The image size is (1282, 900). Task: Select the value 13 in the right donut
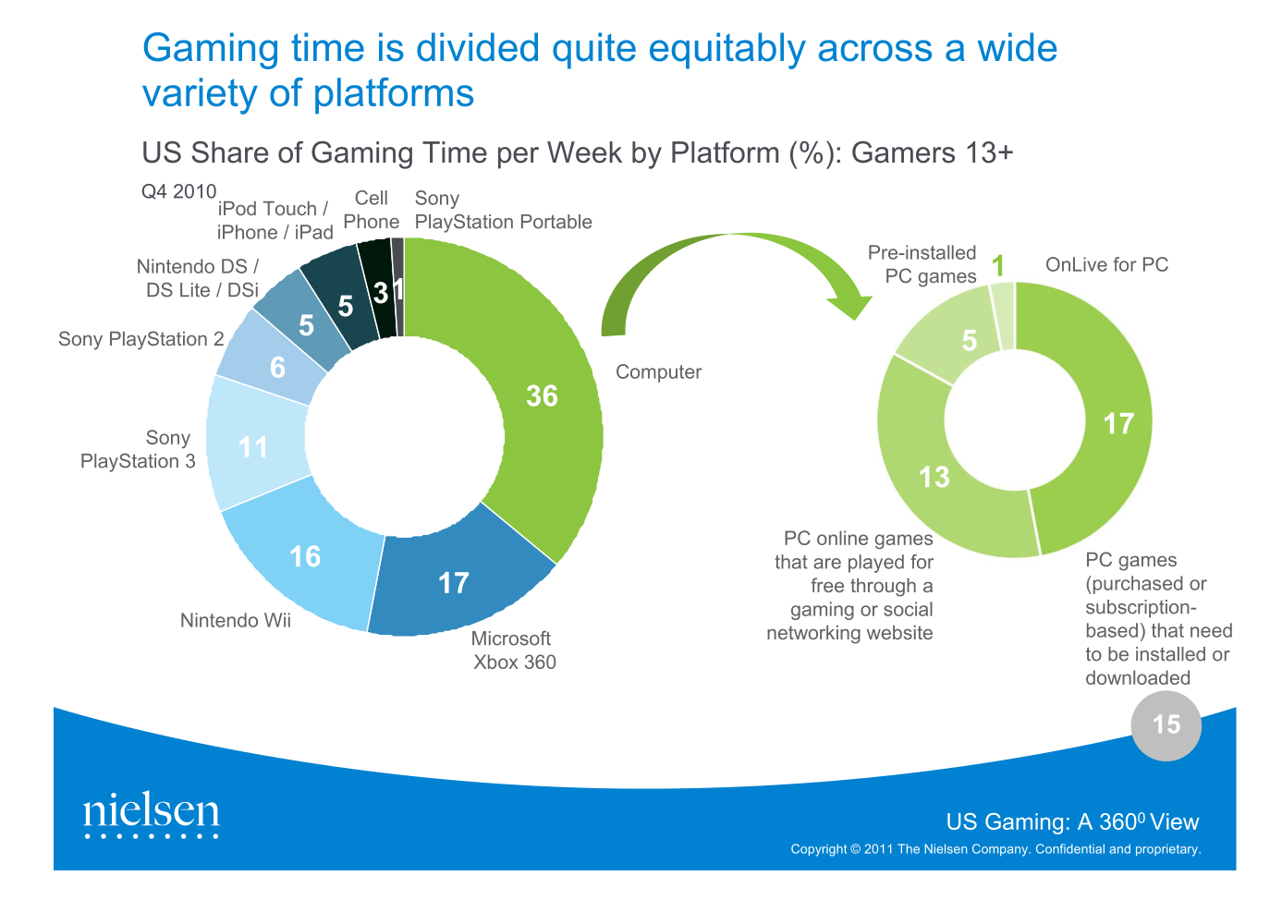coord(934,477)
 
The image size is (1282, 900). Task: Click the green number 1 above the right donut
coord(998,266)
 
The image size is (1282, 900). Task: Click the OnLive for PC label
coord(1106,265)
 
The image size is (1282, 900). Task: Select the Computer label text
coord(658,372)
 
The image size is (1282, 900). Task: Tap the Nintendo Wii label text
coord(235,620)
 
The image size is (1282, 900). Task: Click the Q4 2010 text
coord(178,191)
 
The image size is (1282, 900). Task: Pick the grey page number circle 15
coord(1166,725)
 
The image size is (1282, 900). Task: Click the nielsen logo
coord(152,814)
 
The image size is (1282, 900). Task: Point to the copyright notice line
coord(995,849)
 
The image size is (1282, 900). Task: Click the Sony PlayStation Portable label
coord(503,211)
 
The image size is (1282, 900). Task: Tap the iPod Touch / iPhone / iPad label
coord(275,221)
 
